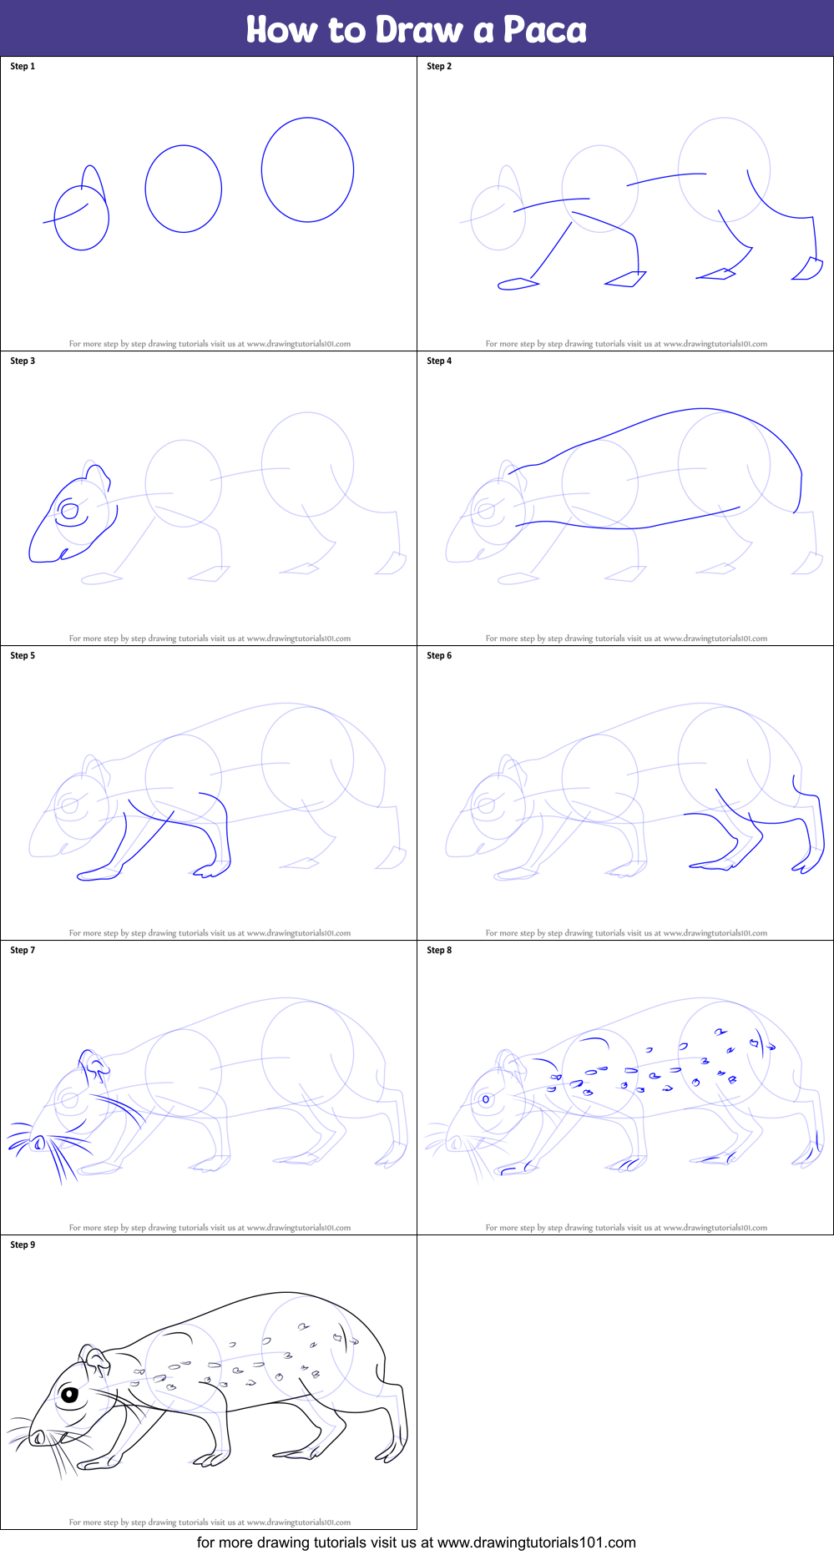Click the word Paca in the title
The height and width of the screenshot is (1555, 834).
click(x=544, y=30)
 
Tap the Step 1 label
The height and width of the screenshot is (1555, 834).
click(x=23, y=66)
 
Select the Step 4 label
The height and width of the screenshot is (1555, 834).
click(x=439, y=361)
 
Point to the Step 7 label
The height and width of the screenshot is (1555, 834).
click(x=23, y=950)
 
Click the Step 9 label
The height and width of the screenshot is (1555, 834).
click(x=23, y=1245)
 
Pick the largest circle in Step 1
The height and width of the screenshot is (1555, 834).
click(x=307, y=169)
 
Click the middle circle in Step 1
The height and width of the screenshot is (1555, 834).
click(x=183, y=189)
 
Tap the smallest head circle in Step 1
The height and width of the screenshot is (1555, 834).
click(x=81, y=218)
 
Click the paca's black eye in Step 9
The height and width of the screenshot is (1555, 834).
click(x=68, y=1394)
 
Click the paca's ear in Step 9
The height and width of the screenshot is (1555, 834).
click(x=94, y=1358)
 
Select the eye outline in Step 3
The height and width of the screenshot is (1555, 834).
click(x=70, y=510)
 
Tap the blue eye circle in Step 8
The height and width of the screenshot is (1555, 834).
click(x=486, y=1099)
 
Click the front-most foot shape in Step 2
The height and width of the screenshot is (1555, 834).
click(x=517, y=284)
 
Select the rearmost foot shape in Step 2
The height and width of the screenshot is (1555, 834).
click(x=807, y=269)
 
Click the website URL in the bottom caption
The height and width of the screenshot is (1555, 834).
click(x=536, y=1542)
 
